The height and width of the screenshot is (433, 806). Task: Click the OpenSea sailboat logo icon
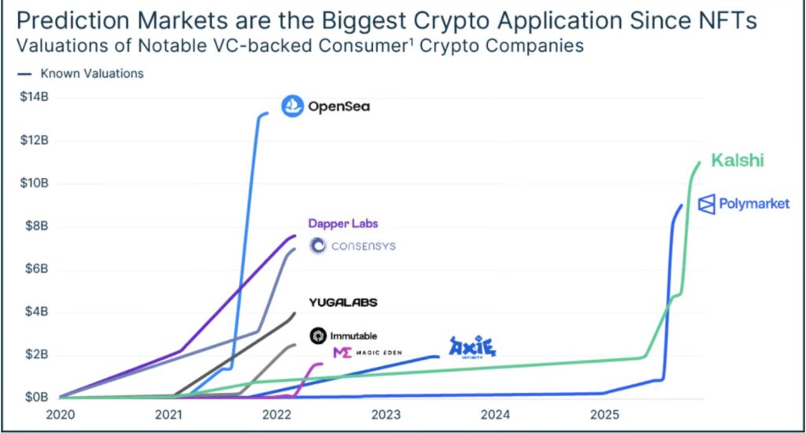(x=292, y=106)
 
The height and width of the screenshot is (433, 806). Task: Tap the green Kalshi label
(x=738, y=161)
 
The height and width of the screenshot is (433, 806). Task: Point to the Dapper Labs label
(x=343, y=224)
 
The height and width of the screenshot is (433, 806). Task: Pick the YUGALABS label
(x=343, y=302)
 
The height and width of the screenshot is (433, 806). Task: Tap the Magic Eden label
(x=367, y=352)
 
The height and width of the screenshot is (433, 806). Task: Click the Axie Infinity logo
(x=472, y=346)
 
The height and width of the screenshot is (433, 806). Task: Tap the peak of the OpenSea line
(x=267, y=113)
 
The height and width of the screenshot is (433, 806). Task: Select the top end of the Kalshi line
(x=699, y=162)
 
